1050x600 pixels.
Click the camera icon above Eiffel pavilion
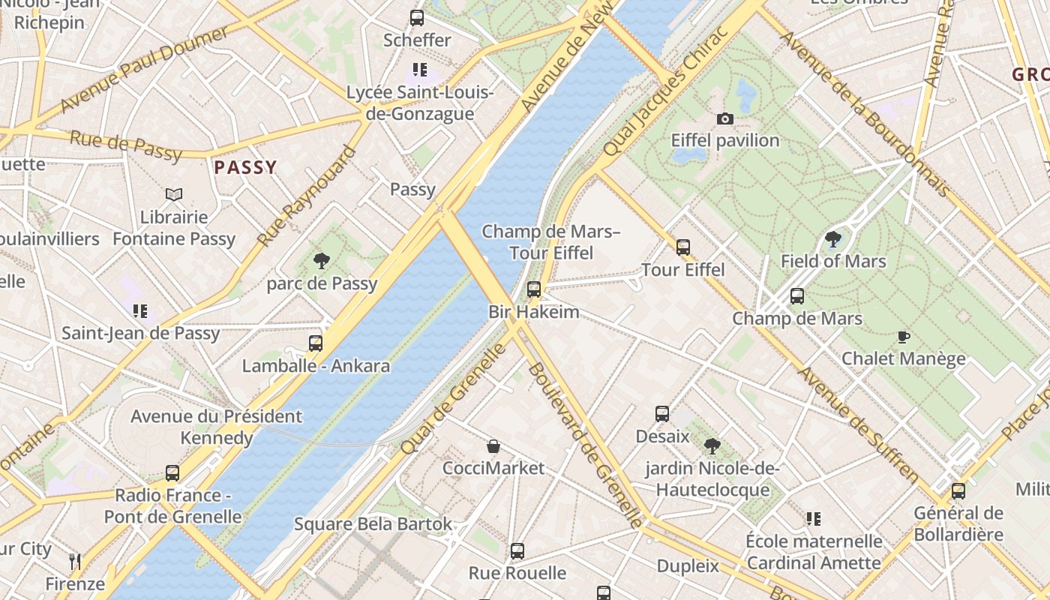[x=724, y=118]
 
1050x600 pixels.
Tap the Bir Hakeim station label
[x=534, y=311]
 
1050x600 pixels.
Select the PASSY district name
[x=245, y=167]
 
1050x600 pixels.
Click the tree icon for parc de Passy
[x=322, y=261]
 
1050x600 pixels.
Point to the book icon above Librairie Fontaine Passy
[x=174, y=195]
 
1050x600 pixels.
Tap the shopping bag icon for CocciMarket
[x=493, y=446]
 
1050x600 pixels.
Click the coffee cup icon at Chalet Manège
[x=903, y=337]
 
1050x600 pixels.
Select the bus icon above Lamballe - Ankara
[x=316, y=343]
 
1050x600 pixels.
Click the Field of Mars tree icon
[x=832, y=239]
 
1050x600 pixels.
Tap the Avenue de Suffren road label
[x=858, y=424]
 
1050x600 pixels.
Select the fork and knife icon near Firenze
[x=75, y=561]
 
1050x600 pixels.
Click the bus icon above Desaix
[x=661, y=414]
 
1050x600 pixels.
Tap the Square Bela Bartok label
[x=373, y=523]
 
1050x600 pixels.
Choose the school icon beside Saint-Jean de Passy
[x=140, y=310]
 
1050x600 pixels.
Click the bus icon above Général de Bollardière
[x=958, y=491]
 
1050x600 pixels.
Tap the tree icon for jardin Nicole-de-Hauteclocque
[x=712, y=447]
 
